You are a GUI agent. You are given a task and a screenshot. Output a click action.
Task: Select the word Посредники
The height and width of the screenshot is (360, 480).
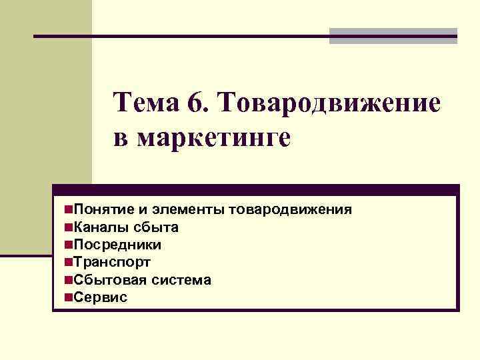click(x=117, y=245)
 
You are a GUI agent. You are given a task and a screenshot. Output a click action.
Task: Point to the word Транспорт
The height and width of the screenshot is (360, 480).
click(x=112, y=262)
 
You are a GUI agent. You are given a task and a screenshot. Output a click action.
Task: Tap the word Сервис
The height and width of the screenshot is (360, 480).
click(x=100, y=297)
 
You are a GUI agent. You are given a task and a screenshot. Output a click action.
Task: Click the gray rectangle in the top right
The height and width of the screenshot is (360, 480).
click(x=393, y=36)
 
